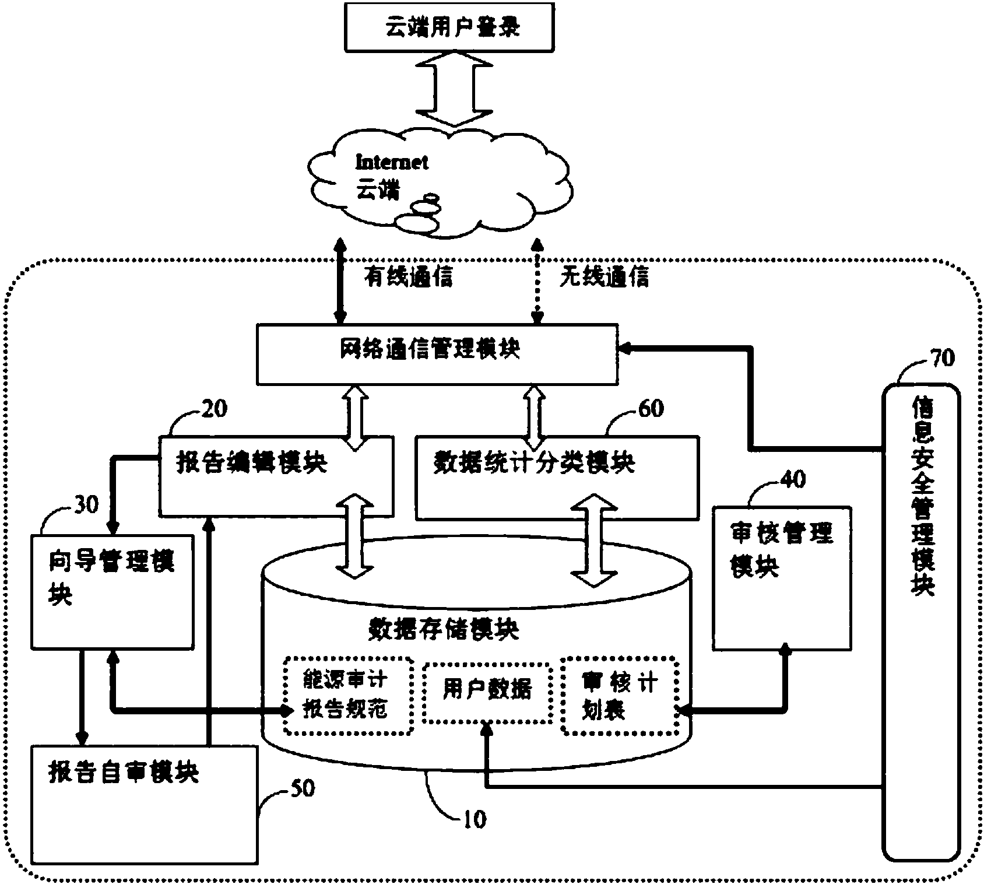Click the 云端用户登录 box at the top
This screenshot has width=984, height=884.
449,27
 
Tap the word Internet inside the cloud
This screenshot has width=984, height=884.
392,162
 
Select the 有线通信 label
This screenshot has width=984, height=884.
408,277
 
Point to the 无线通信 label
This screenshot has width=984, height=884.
604,277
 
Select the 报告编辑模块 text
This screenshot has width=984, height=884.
251,464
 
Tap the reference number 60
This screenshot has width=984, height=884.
651,409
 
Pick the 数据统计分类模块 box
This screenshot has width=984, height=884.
557,476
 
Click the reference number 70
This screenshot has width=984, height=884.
941,357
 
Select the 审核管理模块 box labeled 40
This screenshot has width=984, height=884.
782,577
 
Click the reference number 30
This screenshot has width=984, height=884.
86,504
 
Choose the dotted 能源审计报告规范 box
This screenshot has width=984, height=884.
348,695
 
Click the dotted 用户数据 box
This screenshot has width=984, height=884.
487,692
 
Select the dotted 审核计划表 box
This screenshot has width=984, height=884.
620,695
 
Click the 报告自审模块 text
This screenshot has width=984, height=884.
124,773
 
